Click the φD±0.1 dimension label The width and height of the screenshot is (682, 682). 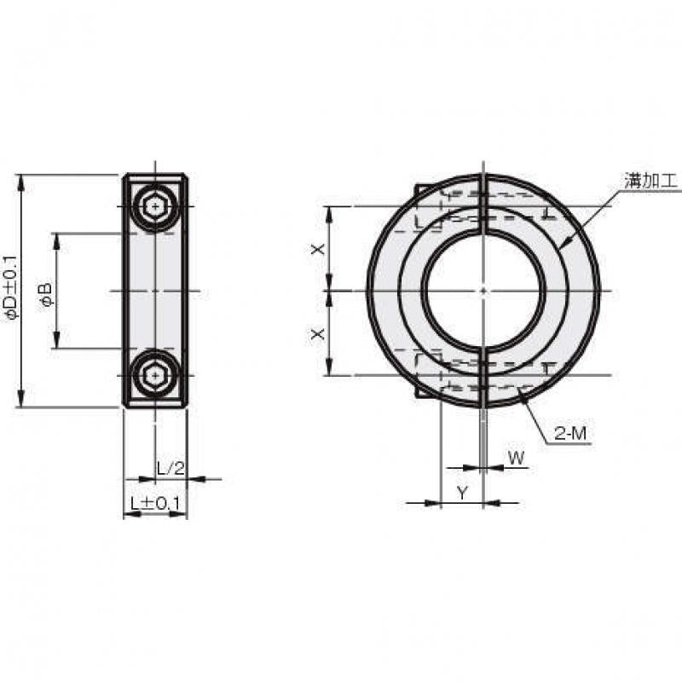tap(10, 288)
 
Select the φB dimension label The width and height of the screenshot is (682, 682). tap(45, 294)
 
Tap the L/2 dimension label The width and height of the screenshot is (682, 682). tap(170, 468)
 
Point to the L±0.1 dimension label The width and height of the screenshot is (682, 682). tap(155, 504)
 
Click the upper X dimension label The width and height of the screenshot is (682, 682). tap(318, 249)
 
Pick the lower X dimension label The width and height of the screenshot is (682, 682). tap(318, 334)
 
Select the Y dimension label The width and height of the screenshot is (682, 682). tap(462, 494)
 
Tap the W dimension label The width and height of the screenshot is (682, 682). tap(517, 458)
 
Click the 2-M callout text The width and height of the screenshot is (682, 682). tap(570, 433)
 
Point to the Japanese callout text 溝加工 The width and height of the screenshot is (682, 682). tap(651, 180)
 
